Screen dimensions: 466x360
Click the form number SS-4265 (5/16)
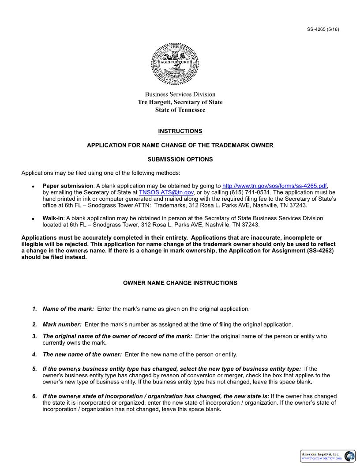[x=323, y=30]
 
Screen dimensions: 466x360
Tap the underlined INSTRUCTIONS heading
[x=180, y=131]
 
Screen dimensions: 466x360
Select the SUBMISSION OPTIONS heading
[x=180, y=159]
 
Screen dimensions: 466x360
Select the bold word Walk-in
[x=53, y=218]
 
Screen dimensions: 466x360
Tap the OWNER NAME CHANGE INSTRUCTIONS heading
[x=180, y=283]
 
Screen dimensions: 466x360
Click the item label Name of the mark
[x=68, y=309]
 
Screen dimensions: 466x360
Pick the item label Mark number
[x=62, y=324]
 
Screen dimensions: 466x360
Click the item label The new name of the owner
[x=82, y=354]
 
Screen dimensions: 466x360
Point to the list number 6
[x=34, y=396]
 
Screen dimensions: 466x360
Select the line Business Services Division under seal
[x=180, y=94]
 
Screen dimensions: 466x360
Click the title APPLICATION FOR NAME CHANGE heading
[x=180, y=145]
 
